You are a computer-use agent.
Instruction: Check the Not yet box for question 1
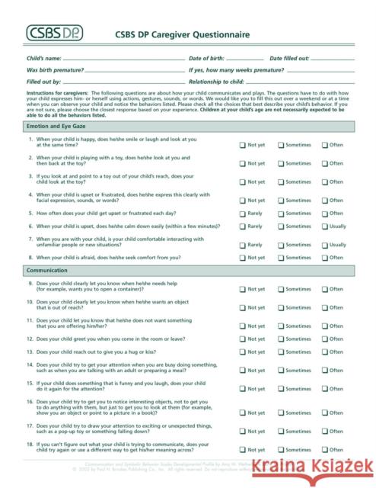tap(243, 144)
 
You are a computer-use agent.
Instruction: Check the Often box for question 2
tap(325, 163)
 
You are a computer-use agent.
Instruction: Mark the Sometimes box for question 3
tap(281, 182)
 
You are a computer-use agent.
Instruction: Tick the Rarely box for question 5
tap(243, 214)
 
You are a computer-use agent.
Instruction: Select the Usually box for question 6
tap(325, 226)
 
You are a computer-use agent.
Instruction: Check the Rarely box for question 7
tap(243, 246)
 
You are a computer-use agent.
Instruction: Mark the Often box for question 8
tap(325, 258)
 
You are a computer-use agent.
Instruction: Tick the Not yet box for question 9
tap(243, 290)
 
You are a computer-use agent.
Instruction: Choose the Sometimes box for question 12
tap(281, 339)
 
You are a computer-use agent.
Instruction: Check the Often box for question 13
tap(325, 352)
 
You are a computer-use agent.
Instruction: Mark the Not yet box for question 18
tap(243, 450)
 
